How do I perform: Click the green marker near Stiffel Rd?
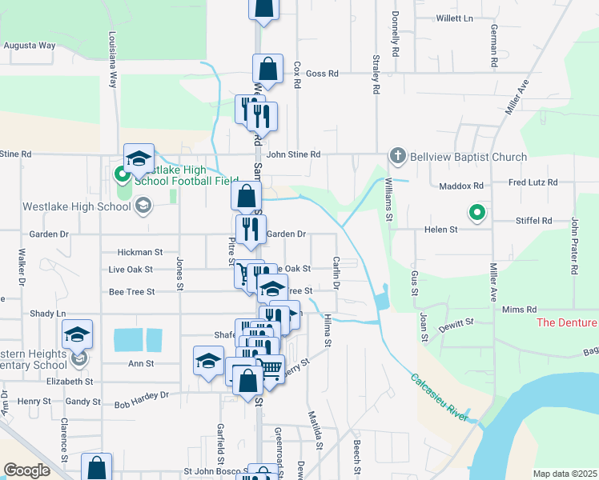pos(476,213)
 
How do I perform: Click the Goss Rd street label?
pos(323,74)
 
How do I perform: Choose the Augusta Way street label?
pos(30,46)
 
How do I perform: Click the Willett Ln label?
pos(455,18)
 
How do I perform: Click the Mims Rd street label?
pos(518,309)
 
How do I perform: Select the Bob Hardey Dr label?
pos(142,394)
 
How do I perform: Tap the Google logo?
pos(26,470)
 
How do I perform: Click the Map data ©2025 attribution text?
pos(565,474)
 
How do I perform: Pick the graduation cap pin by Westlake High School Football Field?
pos(139,158)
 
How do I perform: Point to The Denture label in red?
pos(567,322)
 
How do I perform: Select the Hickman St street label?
pos(140,251)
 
